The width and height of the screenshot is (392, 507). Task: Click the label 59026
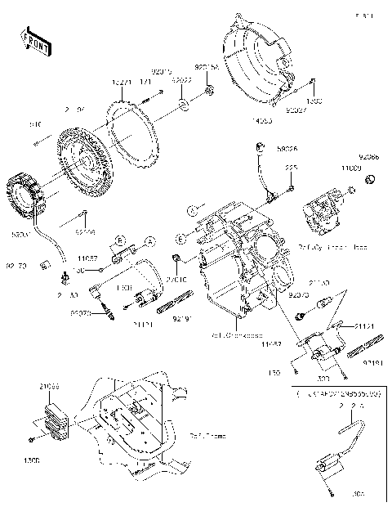(286, 150)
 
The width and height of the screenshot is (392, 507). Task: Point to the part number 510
(35, 124)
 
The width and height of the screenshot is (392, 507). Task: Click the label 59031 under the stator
(22, 234)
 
